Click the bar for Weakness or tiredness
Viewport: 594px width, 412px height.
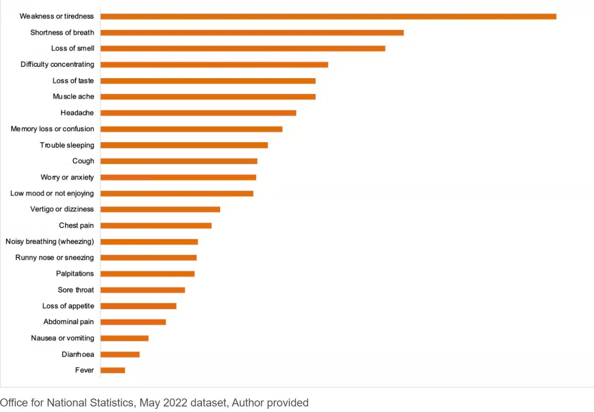click(328, 16)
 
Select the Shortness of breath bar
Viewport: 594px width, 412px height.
click(252, 32)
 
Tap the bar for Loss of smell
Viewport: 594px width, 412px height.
click(243, 48)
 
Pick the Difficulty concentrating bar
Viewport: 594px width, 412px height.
click(214, 64)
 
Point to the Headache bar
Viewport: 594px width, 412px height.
click(198, 113)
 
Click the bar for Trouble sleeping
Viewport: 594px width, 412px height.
click(184, 145)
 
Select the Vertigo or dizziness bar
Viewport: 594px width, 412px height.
click(160, 209)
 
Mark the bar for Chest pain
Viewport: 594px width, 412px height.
click(156, 225)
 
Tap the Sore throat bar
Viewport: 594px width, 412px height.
click(143, 290)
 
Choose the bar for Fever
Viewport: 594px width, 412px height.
click(112, 370)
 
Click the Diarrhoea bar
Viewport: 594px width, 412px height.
click(120, 354)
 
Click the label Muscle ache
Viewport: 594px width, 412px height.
click(73, 96)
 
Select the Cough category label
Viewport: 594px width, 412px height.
click(83, 161)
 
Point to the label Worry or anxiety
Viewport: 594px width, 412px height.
click(67, 177)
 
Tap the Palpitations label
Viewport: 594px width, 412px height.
click(75, 273)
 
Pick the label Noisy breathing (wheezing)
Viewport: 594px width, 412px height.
click(49, 241)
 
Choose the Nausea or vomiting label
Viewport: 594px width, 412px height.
click(63, 338)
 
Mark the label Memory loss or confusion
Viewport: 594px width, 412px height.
click(52, 129)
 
